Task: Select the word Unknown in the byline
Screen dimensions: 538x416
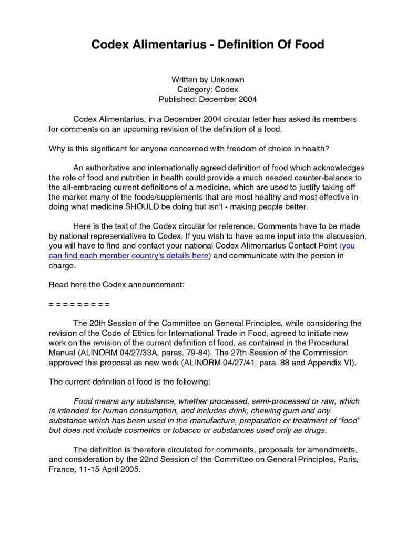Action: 227,80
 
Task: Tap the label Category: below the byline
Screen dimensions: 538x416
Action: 195,89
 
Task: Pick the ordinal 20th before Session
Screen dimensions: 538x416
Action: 99,323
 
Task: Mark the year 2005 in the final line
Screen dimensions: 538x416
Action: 130,470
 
